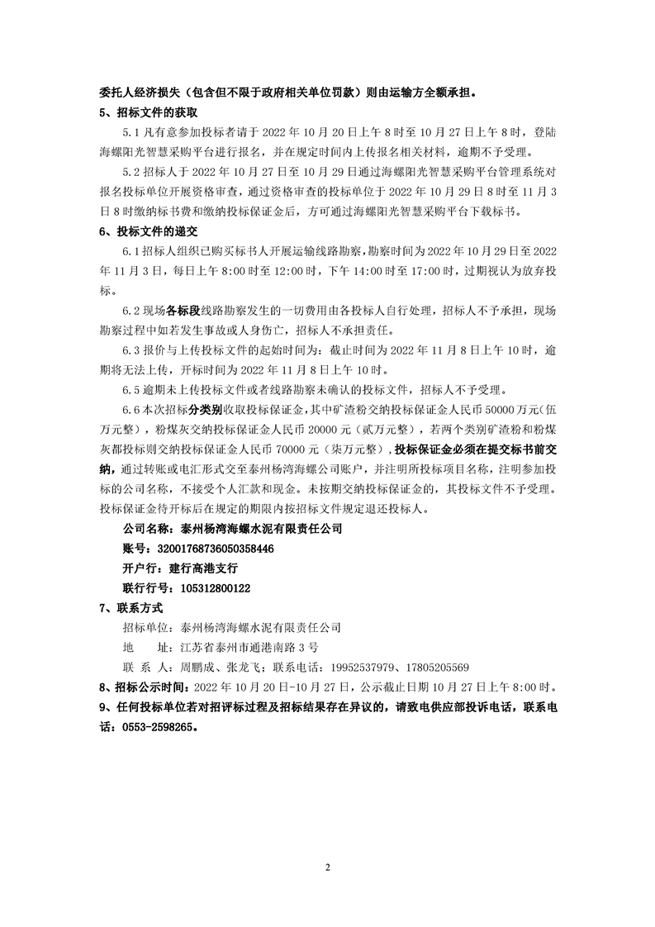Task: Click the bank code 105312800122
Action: (209, 588)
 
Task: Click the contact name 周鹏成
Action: (197, 668)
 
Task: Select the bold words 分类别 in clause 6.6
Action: (204, 410)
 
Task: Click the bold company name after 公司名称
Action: (261, 529)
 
